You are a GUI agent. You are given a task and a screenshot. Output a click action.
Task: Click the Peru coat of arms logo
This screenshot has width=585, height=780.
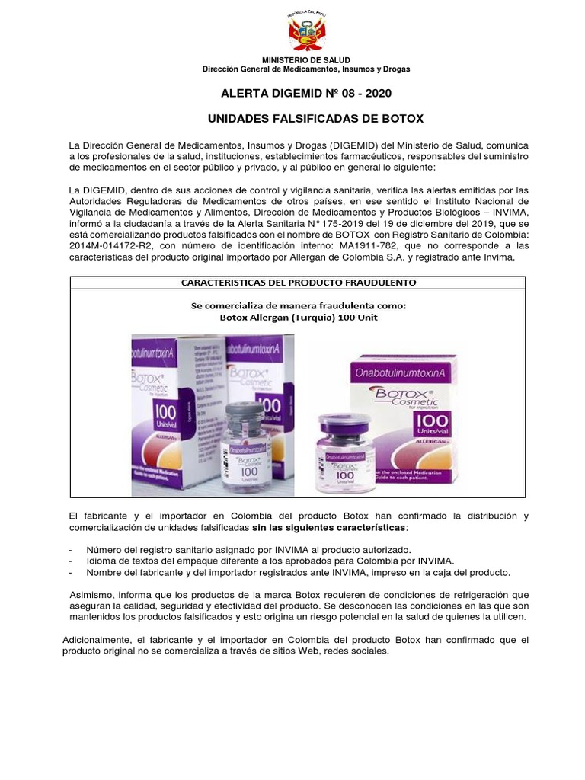[306, 32]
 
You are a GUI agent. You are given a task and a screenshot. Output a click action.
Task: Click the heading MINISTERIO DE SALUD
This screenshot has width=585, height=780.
[306, 60]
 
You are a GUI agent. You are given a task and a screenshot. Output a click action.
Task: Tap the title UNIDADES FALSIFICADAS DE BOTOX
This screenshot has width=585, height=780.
[315, 120]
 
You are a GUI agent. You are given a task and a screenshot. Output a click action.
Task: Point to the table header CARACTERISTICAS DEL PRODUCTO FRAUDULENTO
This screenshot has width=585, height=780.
[298, 283]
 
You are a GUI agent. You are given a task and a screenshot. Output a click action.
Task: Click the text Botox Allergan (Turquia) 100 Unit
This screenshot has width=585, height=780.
[298, 318]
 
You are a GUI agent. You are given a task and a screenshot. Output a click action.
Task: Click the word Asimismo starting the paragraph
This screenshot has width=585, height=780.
[91, 595]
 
